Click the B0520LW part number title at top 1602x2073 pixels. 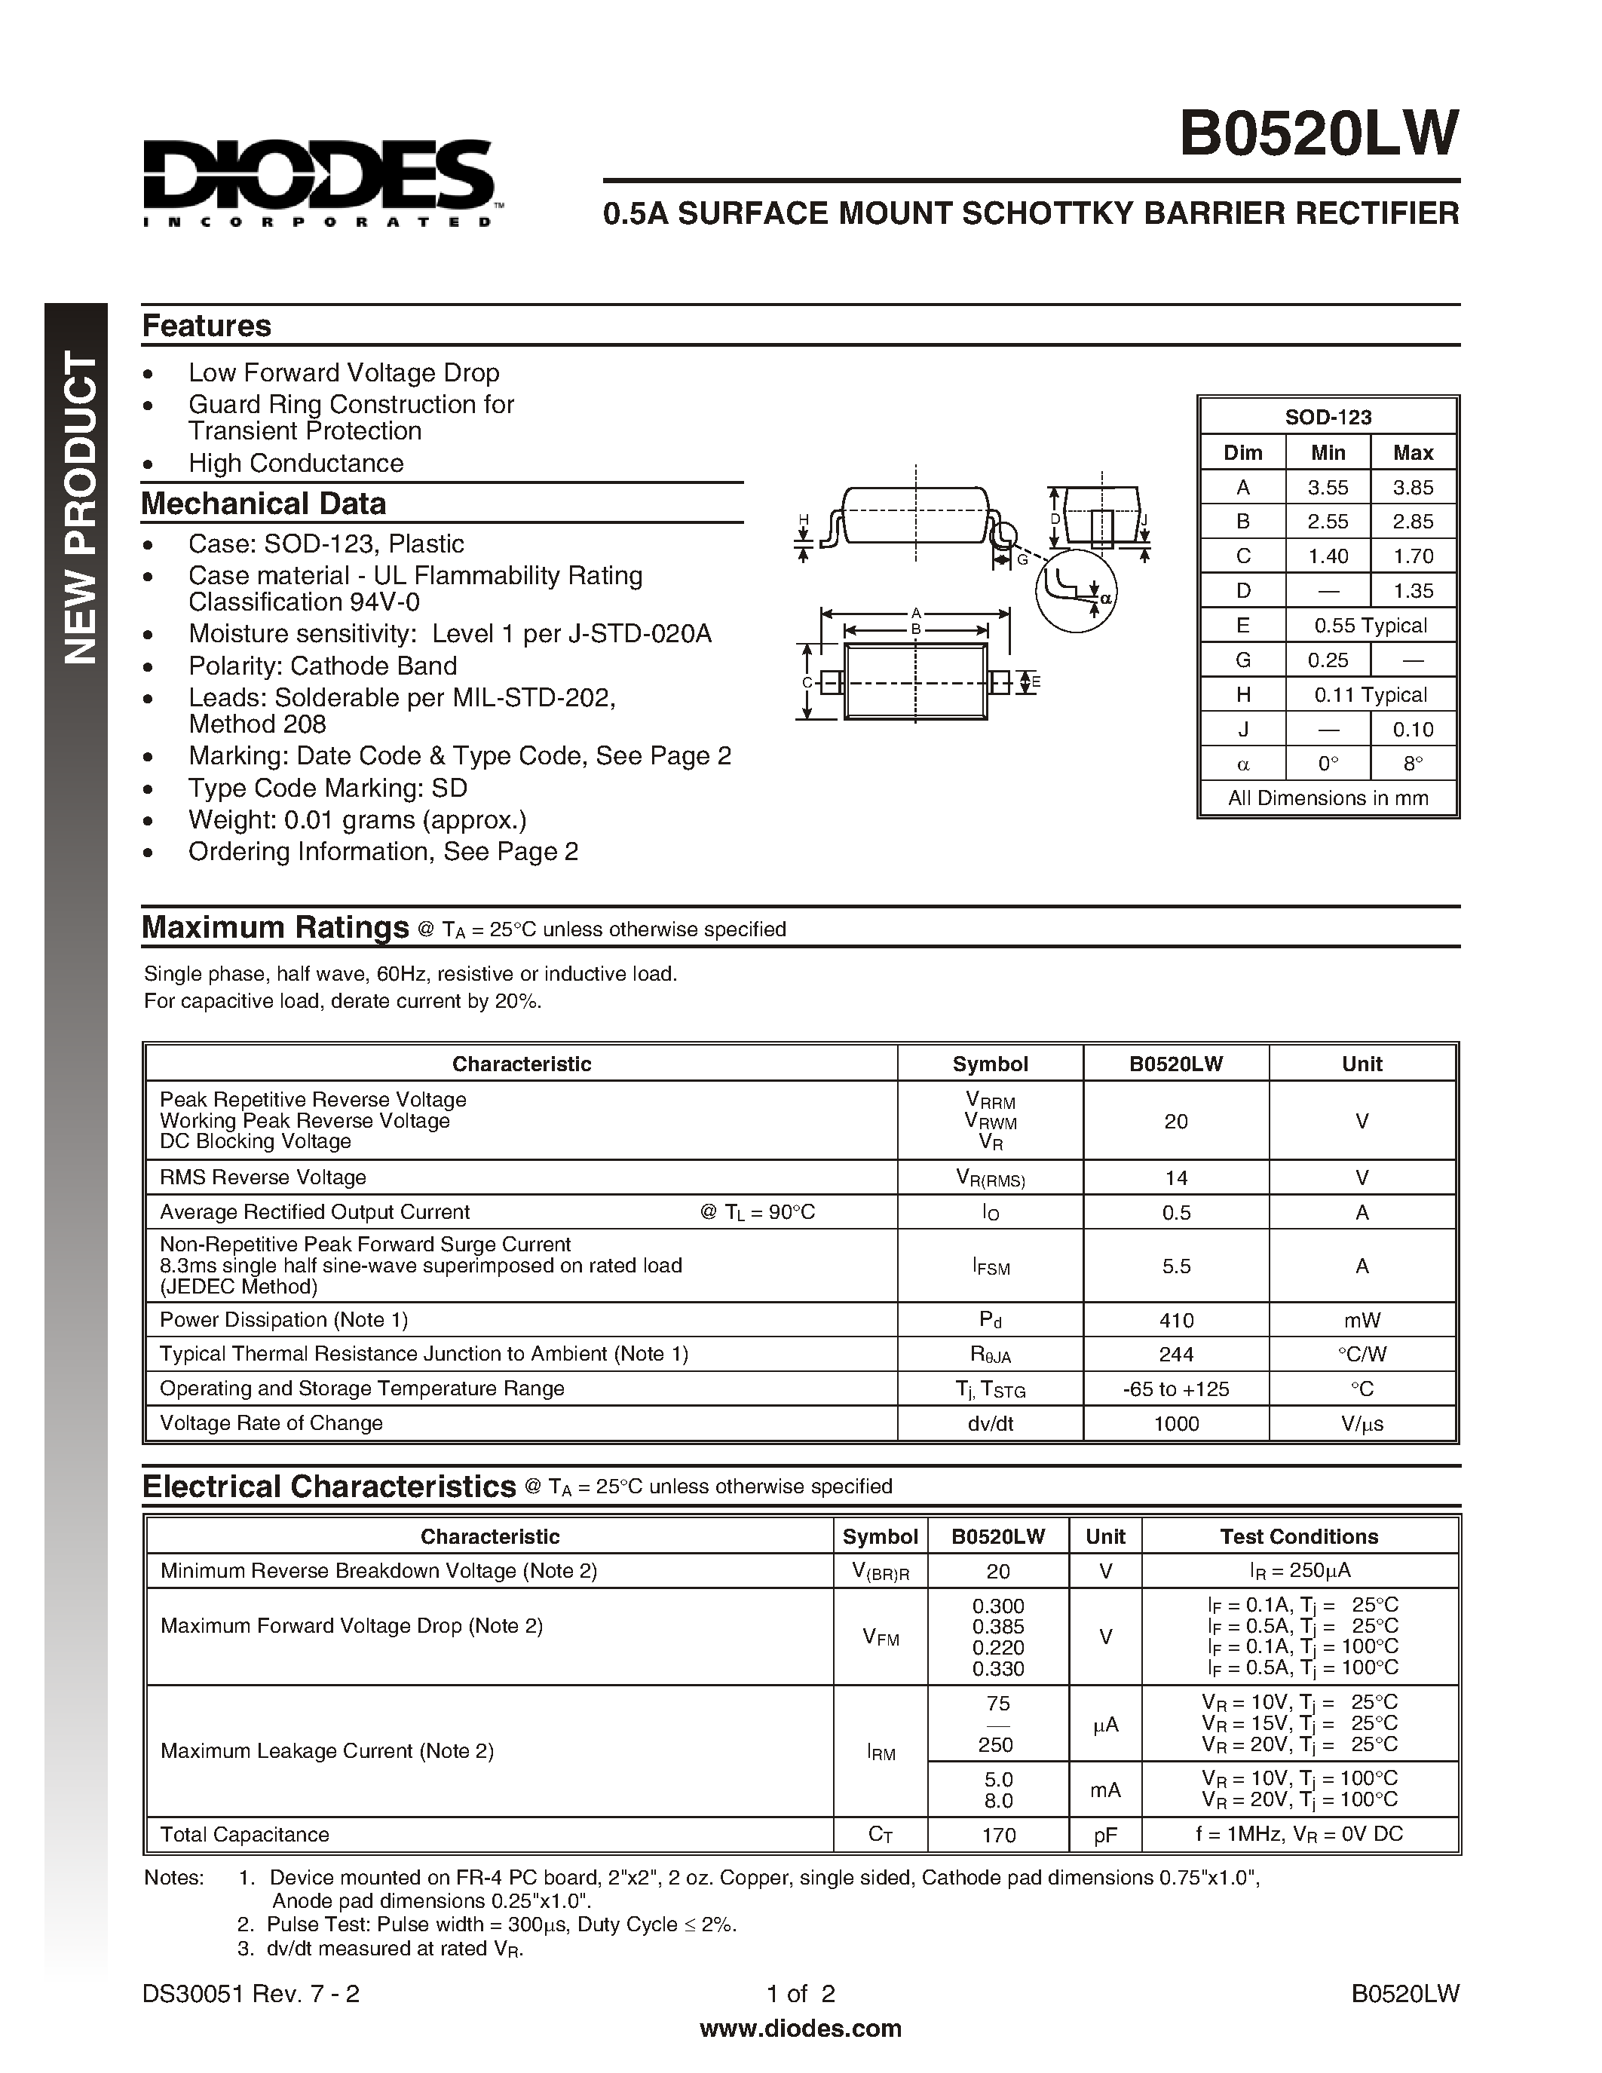(x=1319, y=134)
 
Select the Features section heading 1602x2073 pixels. (x=206, y=326)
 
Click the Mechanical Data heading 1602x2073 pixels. (x=264, y=503)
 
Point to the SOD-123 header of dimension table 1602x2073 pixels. (x=1328, y=417)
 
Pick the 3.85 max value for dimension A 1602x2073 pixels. (x=1412, y=487)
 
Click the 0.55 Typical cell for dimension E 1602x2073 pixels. (x=1370, y=626)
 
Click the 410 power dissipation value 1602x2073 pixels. (x=1176, y=1320)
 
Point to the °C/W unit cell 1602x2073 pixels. (x=1361, y=1355)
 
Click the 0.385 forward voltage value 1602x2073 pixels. (x=997, y=1626)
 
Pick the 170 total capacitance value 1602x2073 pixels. (x=998, y=1835)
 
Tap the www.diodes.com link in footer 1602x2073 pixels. (x=800, y=2029)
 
